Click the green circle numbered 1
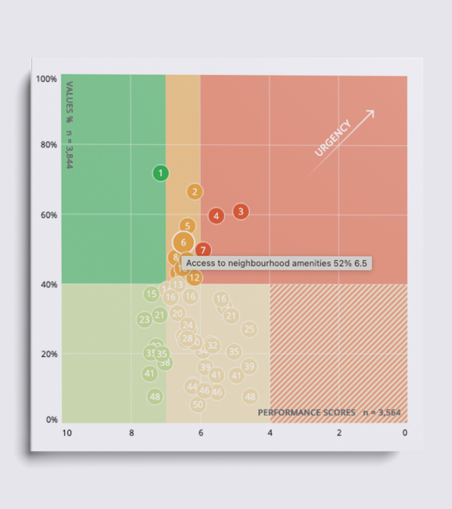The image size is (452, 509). coord(161,173)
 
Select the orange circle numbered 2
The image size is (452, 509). coord(195,192)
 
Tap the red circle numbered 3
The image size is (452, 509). coord(241,211)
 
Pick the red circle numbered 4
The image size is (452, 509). coord(216,216)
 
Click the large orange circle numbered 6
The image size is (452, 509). coord(183,242)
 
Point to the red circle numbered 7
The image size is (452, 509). coord(204,250)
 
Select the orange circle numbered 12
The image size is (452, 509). coord(194,278)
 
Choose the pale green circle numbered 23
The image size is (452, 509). coord(144,320)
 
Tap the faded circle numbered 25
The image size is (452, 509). coord(249,329)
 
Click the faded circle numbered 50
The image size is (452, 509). coord(198,404)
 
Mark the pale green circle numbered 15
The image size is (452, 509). coord(151,294)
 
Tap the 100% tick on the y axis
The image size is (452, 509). coord(47,78)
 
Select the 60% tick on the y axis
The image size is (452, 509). coord(49,215)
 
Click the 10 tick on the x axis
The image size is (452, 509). coord(67,433)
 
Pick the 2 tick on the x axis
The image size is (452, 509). coord(339,433)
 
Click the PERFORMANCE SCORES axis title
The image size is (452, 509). coord(307,412)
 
